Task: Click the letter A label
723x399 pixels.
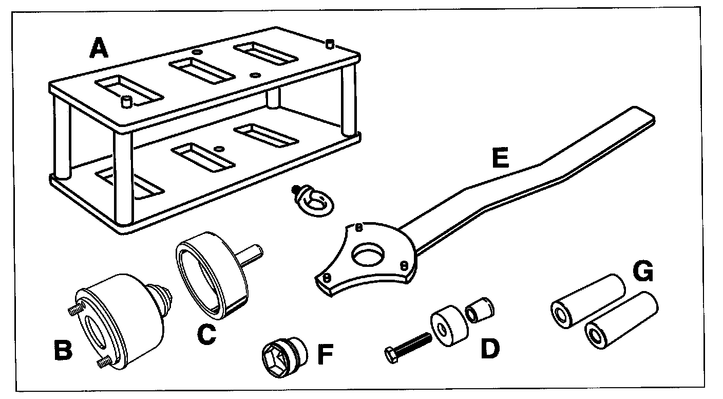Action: click(99, 49)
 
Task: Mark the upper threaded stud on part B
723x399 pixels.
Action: click(75, 310)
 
